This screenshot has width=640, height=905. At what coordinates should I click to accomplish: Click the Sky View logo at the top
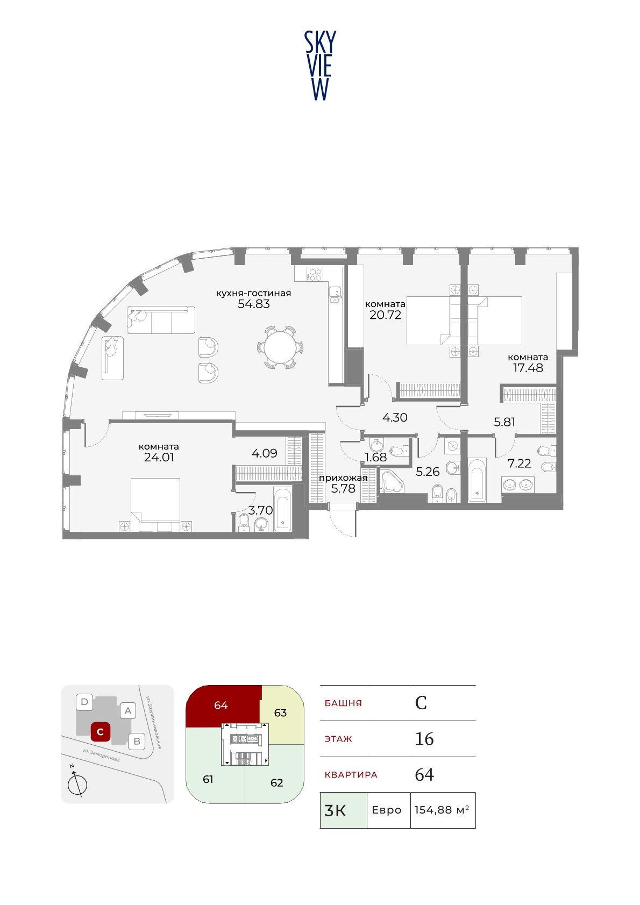tap(320, 66)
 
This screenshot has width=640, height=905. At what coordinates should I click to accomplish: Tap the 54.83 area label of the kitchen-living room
tap(253, 304)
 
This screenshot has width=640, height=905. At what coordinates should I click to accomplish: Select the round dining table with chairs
tap(280, 347)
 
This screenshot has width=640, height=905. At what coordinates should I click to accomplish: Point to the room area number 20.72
tap(385, 315)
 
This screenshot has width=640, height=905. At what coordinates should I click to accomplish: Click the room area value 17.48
tap(528, 368)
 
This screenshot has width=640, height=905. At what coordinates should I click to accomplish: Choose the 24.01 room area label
tap(159, 458)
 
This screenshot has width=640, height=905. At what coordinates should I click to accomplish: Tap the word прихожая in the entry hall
tap(343, 478)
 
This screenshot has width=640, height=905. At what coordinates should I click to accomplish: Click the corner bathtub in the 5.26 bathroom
tap(392, 482)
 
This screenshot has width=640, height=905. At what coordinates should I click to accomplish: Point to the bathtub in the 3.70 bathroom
tap(283, 508)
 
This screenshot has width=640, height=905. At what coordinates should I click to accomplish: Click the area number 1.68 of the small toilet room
tap(375, 457)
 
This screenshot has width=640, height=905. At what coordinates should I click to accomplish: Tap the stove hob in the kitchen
tap(314, 274)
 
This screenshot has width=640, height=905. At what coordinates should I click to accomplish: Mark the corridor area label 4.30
tap(395, 417)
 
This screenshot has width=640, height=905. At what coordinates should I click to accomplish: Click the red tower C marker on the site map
tap(100, 732)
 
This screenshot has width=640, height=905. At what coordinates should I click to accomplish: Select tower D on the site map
tap(84, 702)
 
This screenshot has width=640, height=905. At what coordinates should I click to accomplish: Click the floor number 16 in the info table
tap(424, 738)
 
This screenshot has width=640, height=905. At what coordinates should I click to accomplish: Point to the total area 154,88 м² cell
tap(443, 810)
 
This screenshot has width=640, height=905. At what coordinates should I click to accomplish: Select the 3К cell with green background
tap(344, 810)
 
